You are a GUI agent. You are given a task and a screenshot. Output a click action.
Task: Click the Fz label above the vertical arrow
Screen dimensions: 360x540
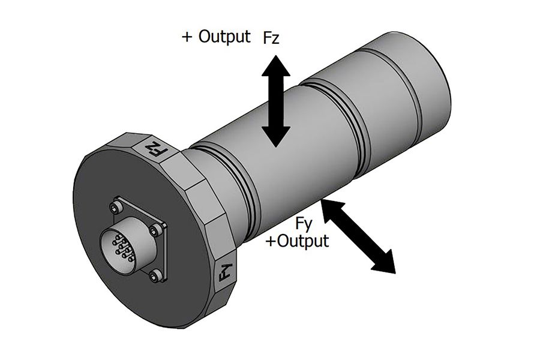tap(272, 39)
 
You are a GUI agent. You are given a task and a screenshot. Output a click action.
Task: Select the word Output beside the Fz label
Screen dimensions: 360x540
tap(224, 37)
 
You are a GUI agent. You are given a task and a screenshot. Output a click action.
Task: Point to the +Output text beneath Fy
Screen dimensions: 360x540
tap(298, 241)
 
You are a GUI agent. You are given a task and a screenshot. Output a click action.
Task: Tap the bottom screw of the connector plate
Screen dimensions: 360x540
tap(157, 275)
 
